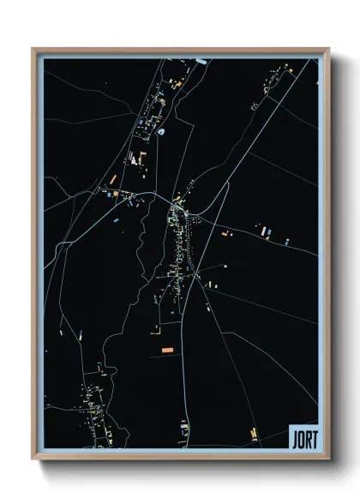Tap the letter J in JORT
(x=294, y=438)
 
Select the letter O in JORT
(x=300, y=438)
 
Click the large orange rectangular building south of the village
(x=167, y=350)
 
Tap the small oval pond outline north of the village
(x=160, y=132)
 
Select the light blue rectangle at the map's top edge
(x=201, y=61)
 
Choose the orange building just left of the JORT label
(x=253, y=435)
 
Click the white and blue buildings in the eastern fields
(x=266, y=231)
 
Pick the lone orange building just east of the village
(x=225, y=232)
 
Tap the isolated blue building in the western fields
(x=115, y=219)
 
